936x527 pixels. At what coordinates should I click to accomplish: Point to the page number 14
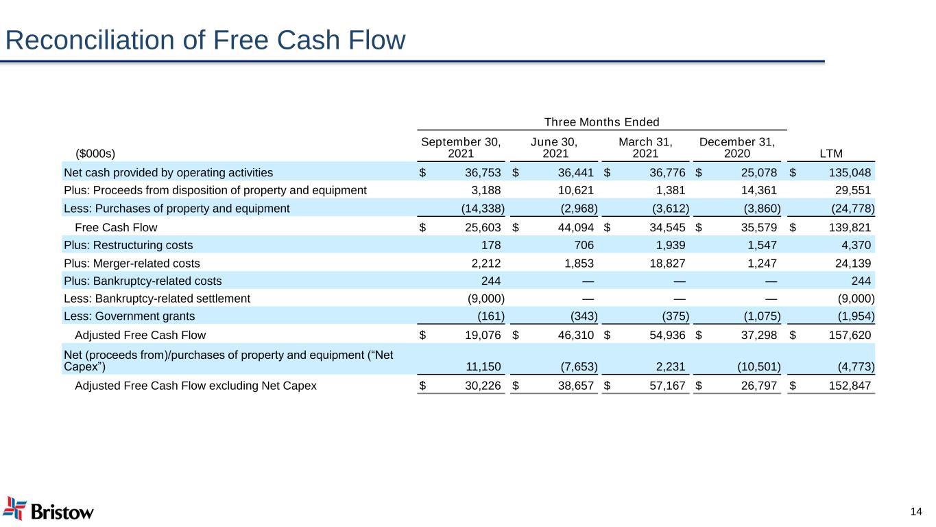916,511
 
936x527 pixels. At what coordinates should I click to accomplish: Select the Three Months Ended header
601,122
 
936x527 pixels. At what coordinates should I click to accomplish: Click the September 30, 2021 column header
461,148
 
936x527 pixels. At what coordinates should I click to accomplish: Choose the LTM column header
832,153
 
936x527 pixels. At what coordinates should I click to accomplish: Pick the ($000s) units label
95,153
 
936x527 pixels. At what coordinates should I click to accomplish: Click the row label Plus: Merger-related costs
132,262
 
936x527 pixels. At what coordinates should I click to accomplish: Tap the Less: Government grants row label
129,316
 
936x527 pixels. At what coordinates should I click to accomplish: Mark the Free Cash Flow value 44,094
576,226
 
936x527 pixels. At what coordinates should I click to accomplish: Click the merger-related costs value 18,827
667,262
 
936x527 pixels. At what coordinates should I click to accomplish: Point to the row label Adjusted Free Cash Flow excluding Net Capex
195,386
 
